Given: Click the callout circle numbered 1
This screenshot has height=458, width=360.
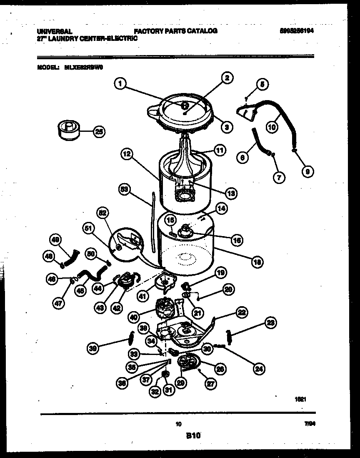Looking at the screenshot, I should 120,84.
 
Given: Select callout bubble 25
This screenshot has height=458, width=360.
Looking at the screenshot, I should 99,132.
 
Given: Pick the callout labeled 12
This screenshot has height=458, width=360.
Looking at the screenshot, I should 127,154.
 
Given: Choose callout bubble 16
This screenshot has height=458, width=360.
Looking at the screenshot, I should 237,240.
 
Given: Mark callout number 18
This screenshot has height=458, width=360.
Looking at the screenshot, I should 257,262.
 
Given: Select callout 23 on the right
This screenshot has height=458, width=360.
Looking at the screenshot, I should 270,322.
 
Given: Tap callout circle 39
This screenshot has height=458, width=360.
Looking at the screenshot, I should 94,347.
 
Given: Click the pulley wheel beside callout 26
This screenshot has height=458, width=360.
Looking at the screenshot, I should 188,361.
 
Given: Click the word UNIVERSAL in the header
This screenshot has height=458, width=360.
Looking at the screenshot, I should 55,31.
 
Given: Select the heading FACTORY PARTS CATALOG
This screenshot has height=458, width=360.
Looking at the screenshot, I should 175,31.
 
